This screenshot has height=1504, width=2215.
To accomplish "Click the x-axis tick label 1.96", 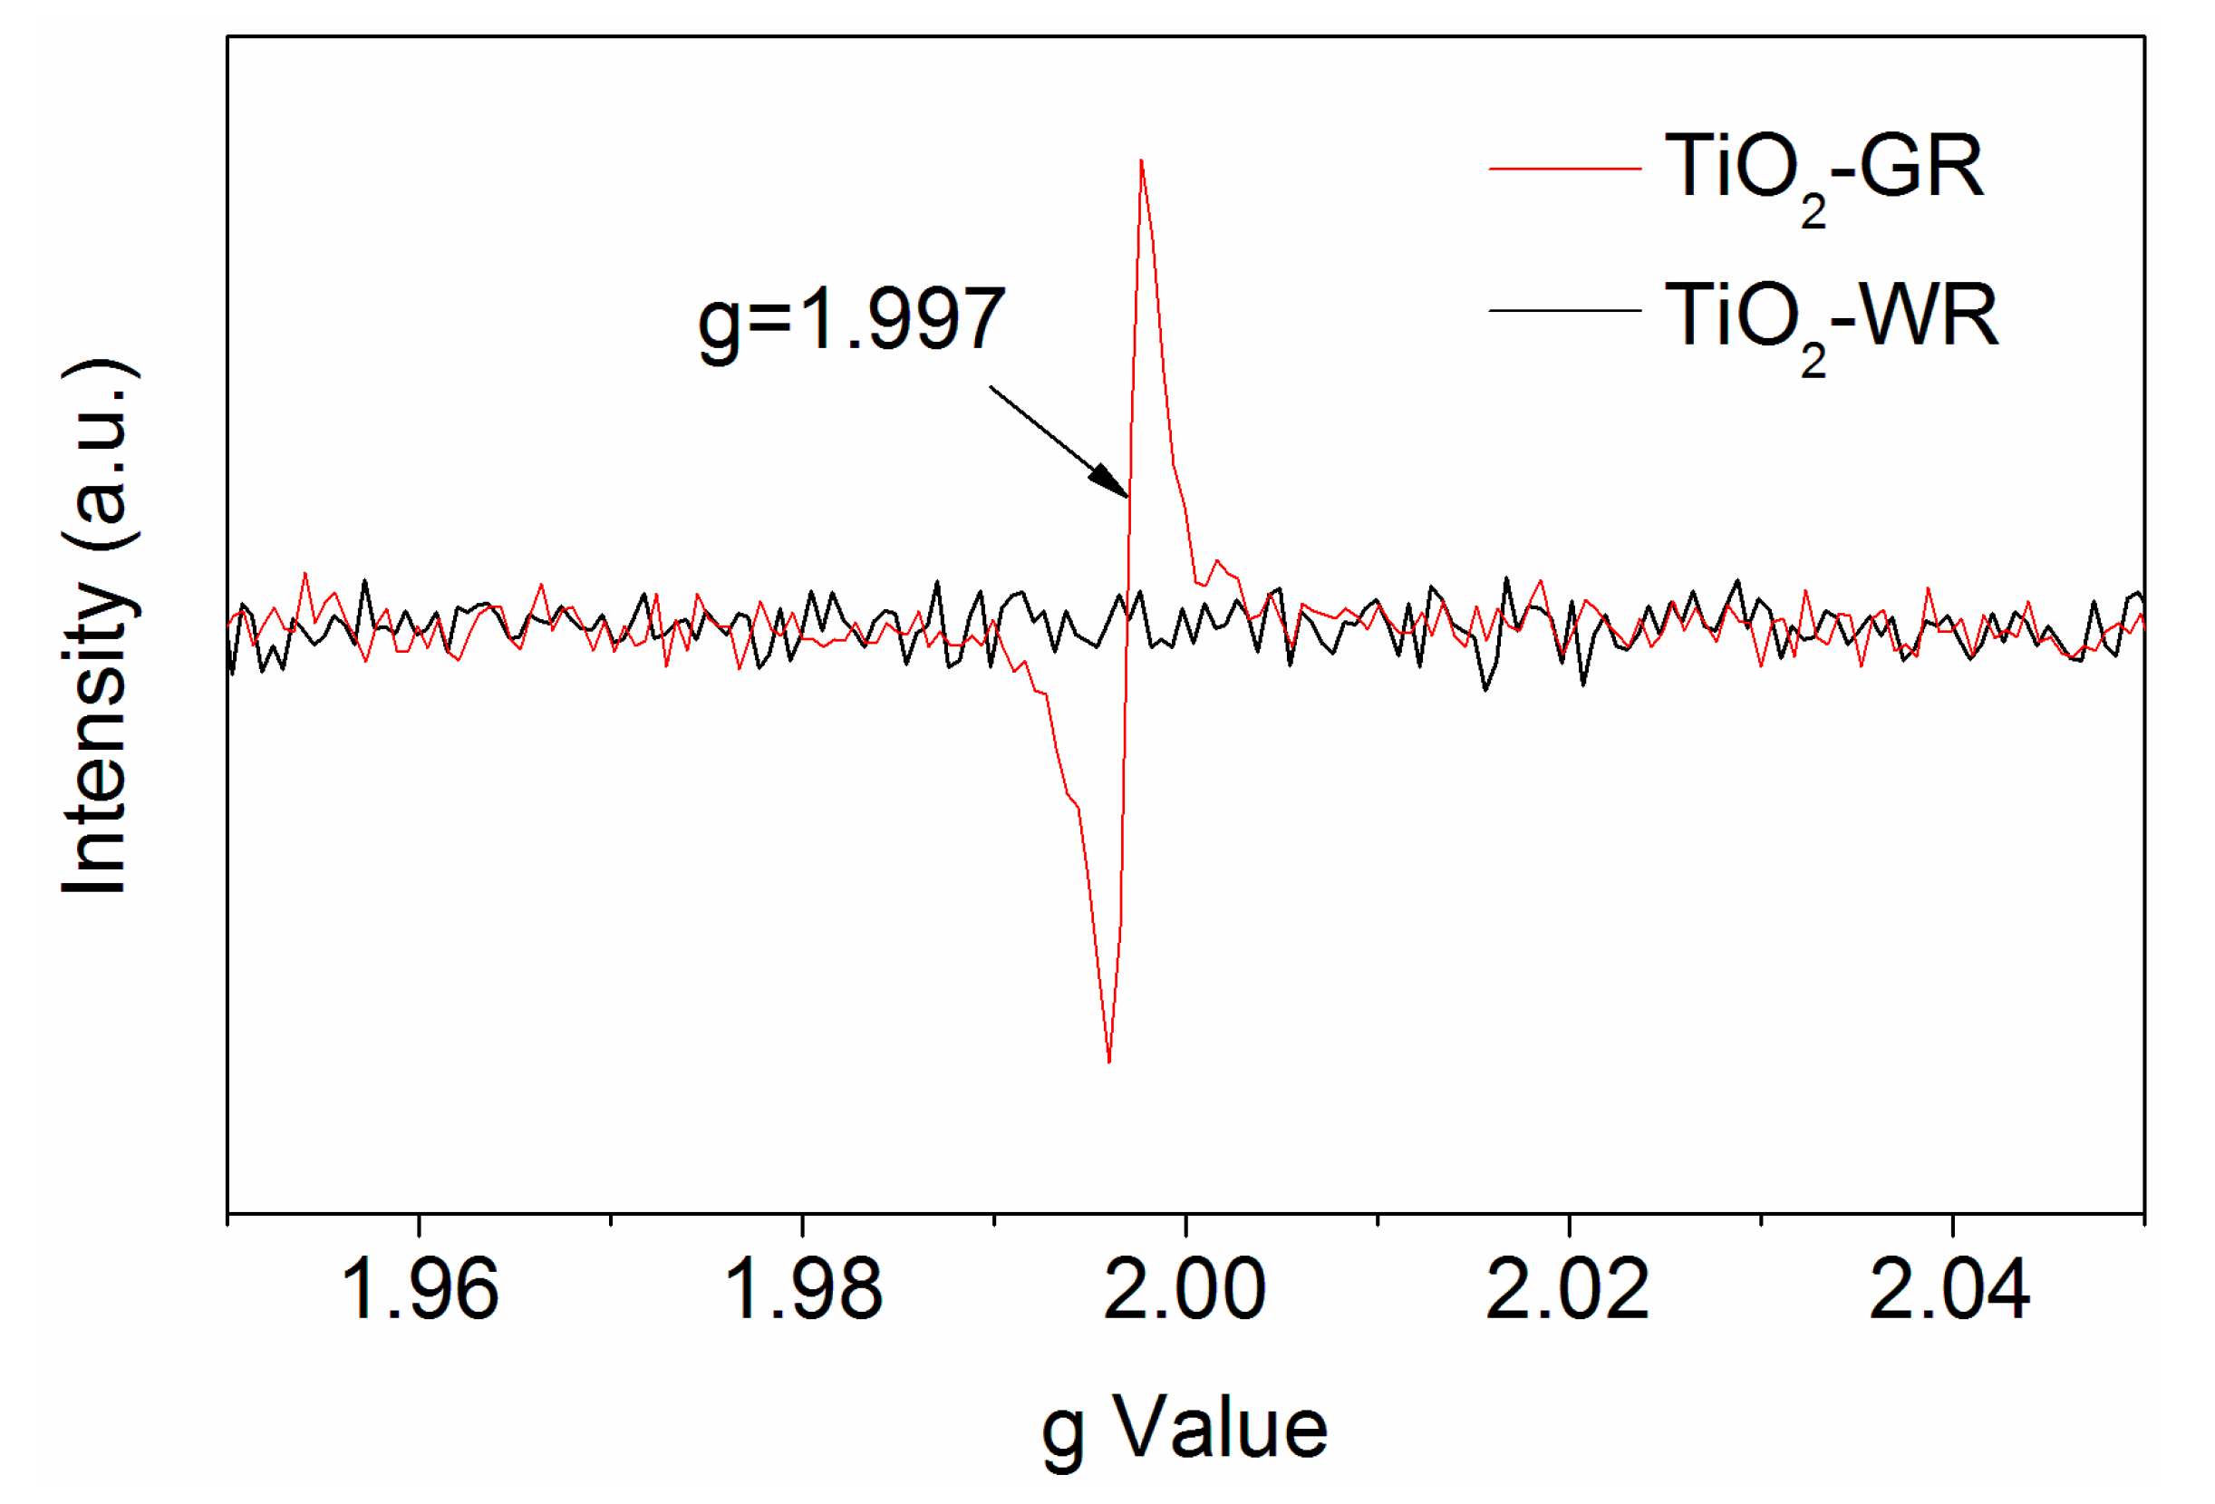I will pyautogui.click(x=420, y=1292).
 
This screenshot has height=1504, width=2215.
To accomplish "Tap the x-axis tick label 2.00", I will pyautogui.click(x=1185, y=1292).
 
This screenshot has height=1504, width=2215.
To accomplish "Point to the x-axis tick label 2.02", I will pyautogui.click(x=1568, y=1292).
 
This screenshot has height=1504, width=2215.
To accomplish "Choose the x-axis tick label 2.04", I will pyautogui.click(x=1950, y=1292).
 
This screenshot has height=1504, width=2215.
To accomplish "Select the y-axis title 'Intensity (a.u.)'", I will pyautogui.click(x=95, y=626).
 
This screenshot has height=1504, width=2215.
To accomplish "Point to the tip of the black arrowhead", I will pyautogui.click(x=1128, y=498).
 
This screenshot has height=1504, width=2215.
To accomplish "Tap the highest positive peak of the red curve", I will pyautogui.click(x=1141, y=160).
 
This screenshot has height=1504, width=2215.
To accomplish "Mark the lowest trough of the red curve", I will pyautogui.click(x=1109, y=1062).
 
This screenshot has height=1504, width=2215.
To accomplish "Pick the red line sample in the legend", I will pyautogui.click(x=1564, y=169).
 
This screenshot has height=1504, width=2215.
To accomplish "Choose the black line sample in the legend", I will pyautogui.click(x=1564, y=311).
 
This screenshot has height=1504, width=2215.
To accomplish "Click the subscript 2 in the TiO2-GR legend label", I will pyautogui.click(x=1813, y=211).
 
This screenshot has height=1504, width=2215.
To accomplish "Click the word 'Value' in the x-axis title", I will pyautogui.click(x=1221, y=1428).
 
